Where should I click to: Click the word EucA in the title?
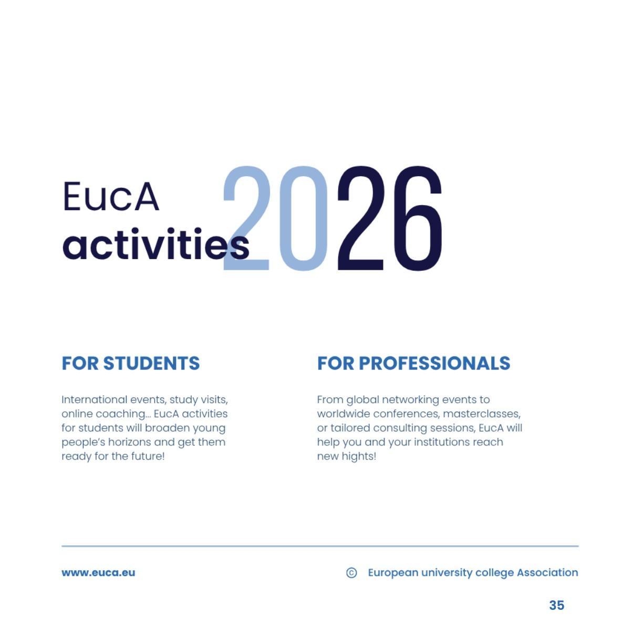pos(110,197)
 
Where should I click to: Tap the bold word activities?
pos(155,245)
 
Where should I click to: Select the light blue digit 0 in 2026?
pos(303,218)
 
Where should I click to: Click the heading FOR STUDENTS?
pos(131,363)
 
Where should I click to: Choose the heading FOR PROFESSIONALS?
pos(413,363)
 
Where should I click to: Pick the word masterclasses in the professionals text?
pos(481,414)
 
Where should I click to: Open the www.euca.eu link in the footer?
pos(98,573)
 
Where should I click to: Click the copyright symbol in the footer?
pos(351,573)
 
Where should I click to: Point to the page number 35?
pos(556,605)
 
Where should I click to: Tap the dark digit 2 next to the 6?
pos(361,218)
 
